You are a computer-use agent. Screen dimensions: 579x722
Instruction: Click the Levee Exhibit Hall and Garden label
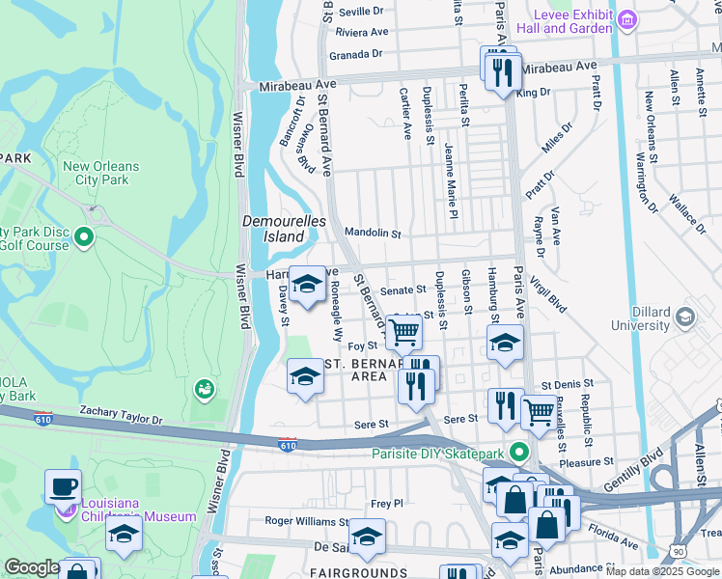pyautogui.click(x=577, y=21)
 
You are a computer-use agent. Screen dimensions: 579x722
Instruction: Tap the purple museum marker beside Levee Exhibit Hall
pyautogui.click(x=628, y=19)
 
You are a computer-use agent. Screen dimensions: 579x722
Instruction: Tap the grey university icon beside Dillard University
pyautogui.click(x=685, y=317)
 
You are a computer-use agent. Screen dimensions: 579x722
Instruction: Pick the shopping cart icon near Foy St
pyautogui.click(x=404, y=333)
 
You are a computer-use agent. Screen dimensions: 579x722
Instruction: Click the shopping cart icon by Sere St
pyautogui.click(x=539, y=412)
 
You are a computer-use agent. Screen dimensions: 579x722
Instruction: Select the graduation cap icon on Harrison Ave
pyautogui.click(x=308, y=285)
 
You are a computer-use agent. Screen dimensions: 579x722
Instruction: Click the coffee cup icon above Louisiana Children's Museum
pyautogui.click(x=64, y=486)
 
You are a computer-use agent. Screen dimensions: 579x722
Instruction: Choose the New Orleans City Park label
pyautogui.click(x=100, y=173)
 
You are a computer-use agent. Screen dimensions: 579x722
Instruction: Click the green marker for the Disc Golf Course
pyautogui.click(x=84, y=235)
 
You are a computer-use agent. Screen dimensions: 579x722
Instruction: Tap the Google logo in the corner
pyautogui.click(x=32, y=567)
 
